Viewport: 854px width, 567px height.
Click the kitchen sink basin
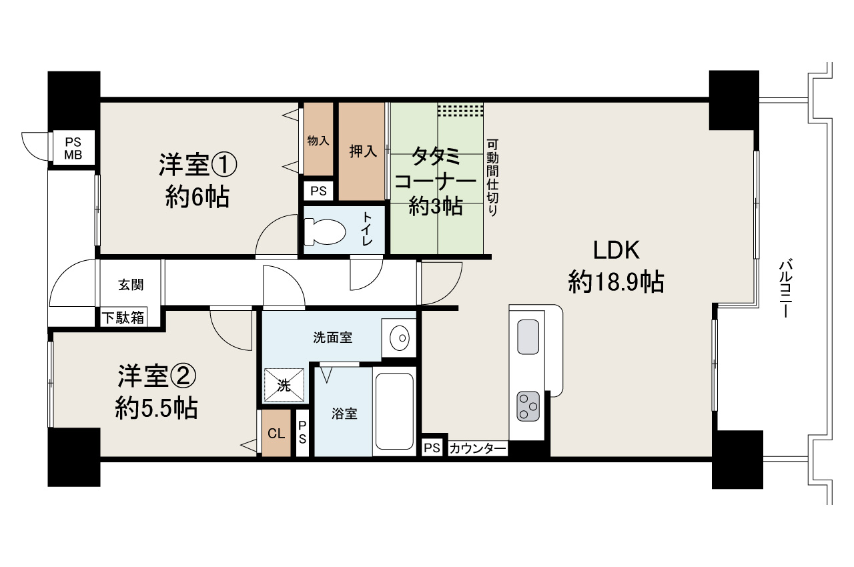click(528, 337)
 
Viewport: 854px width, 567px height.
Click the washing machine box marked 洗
click(284, 385)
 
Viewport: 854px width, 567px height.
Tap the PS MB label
click(73, 148)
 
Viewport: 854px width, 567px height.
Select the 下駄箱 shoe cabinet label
click(122, 318)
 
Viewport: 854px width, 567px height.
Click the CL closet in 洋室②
click(276, 433)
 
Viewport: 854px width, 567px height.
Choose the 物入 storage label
click(318, 141)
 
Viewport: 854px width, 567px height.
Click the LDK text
click(616, 251)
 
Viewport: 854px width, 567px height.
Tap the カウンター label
click(478, 448)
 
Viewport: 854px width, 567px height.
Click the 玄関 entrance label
click(131, 285)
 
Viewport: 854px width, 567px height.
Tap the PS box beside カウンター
click(432, 448)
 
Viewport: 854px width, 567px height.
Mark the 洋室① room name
click(198, 164)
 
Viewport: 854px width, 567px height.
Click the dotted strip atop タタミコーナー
click(460, 110)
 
